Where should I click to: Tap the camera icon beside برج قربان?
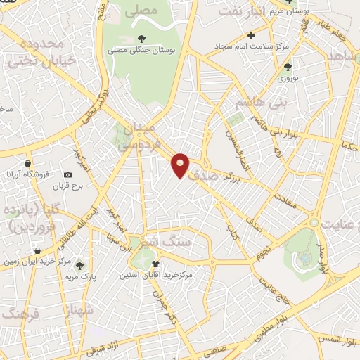coord(68,174)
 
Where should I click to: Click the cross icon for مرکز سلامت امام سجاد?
coord(251,35)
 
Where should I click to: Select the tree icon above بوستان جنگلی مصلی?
coord(142,39)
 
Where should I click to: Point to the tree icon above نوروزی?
coord(288,67)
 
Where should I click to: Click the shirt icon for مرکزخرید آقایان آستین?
coord(155,263)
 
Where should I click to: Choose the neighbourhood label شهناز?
coord(78,309)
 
